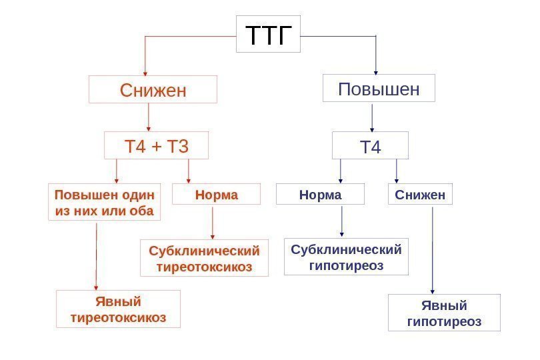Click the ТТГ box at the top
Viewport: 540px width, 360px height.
click(x=269, y=34)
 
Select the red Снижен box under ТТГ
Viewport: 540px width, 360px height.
click(x=153, y=89)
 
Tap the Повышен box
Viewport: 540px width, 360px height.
click(x=379, y=88)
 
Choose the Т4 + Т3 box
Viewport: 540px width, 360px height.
click(x=157, y=145)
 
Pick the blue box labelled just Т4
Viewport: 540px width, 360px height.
click(x=370, y=146)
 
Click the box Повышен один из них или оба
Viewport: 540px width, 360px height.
click(x=105, y=203)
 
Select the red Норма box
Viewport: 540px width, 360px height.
click(x=216, y=195)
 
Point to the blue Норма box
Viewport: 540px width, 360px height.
click(x=321, y=195)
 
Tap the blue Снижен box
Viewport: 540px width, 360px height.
click(x=420, y=195)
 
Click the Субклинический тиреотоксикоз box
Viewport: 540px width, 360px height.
click(x=204, y=259)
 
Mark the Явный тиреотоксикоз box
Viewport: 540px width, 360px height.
click(x=118, y=309)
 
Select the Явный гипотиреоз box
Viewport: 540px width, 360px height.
click(x=444, y=313)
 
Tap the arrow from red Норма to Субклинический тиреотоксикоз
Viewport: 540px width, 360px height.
click(x=213, y=223)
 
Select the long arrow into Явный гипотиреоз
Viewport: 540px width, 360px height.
click(x=433, y=250)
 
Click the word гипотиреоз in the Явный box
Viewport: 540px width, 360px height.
click(x=444, y=322)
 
